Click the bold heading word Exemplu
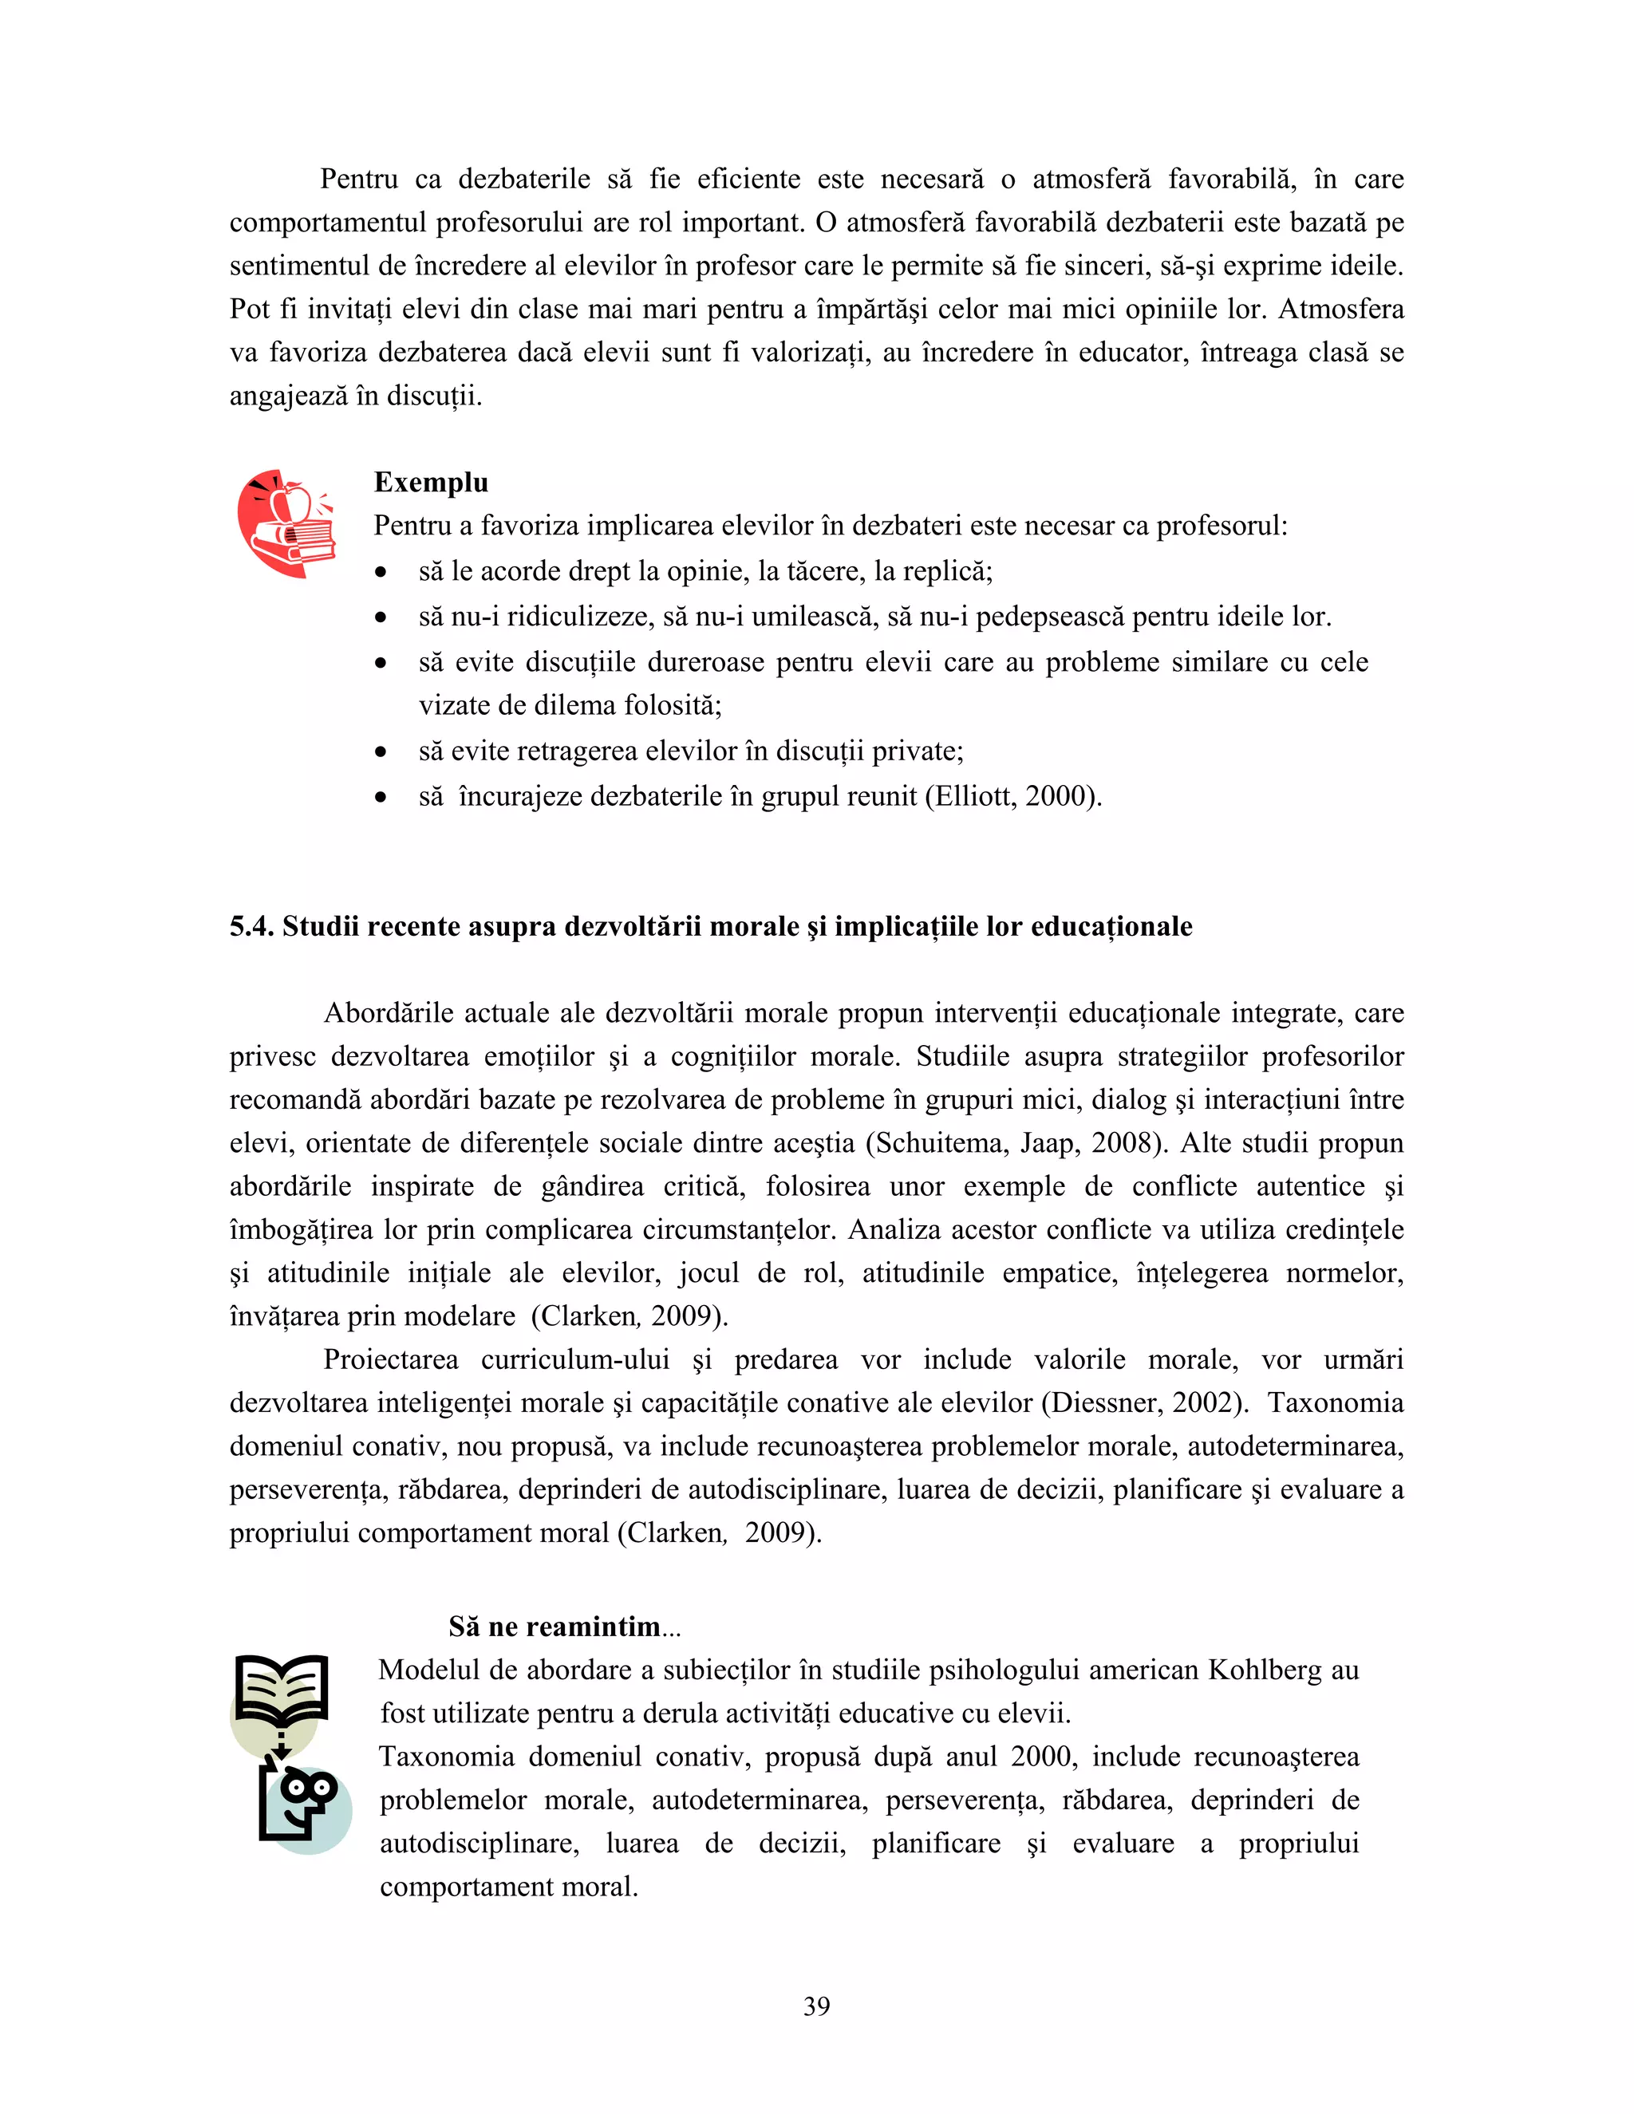431,482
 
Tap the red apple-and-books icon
286,525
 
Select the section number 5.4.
251,926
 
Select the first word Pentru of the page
359,179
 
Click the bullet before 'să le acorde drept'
381,572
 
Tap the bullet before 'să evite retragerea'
381,752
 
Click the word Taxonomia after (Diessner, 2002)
1335,1402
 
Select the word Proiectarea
390,1360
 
